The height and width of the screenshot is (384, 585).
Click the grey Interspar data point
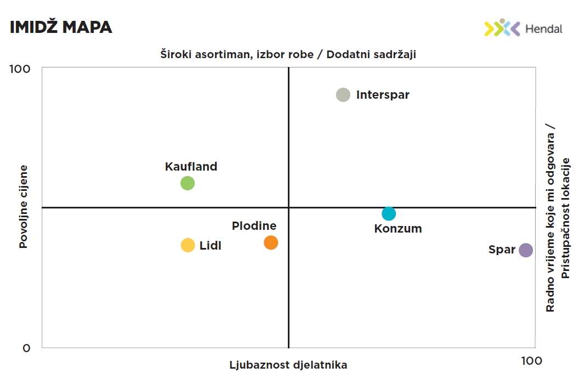pyautogui.click(x=343, y=94)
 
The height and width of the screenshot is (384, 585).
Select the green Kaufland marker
pyautogui.click(x=188, y=183)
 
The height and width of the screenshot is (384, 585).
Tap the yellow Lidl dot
pyautogui.click(x=188, y=245)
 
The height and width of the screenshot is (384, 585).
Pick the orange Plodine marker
pyautogui.click(x=271, y=242)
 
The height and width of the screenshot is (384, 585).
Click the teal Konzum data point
pyautogui.click(x=389, y=213)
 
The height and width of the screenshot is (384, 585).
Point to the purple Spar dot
pyautogui.click(x=526, y=250)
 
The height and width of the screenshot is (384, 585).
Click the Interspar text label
pyautogui.click(x=383, y=94)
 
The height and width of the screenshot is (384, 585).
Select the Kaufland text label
pyautogui.click(x=191, y=167)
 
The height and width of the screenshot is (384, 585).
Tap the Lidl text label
pyautogui.click(x=211, y=245)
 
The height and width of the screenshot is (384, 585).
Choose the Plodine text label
pyautogui.click(x=254, y=225)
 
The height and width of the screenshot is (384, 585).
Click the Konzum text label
pyautogui.click(x=398, y=229)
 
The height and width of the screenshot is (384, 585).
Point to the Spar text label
pyautogui.click(x=502, y=250)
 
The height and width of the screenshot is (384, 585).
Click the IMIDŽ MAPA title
pyautogui.click(x=61, y=27)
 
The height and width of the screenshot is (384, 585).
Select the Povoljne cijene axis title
pyautogui.click(x=24, y=207)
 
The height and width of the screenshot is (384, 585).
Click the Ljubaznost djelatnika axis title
pyautogui.click(x=288, y=365)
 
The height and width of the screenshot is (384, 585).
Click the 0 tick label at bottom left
pyautogui.click(x=26, y=348)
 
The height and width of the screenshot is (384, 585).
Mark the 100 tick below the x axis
pyautogui.click(x=531, y=360)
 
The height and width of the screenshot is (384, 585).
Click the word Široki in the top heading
pyautogui.click(x=175, y=54)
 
